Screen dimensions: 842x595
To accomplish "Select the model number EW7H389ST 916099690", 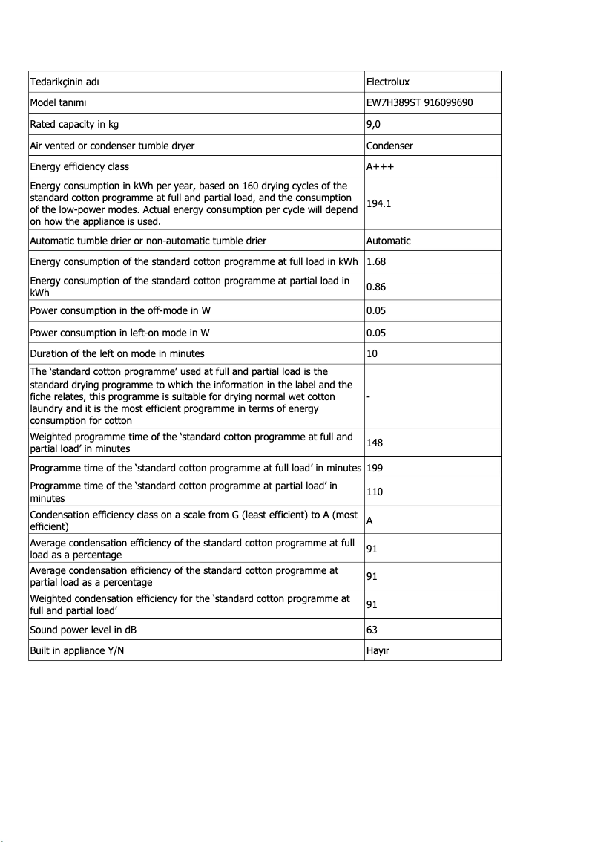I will tap(419, 102).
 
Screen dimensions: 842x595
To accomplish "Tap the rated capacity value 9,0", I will tap(373, 124).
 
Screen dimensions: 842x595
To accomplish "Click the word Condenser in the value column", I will tap(389, 146).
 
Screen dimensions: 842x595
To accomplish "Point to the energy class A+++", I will tap(380, 166).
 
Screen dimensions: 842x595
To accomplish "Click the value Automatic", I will tap(388, 241).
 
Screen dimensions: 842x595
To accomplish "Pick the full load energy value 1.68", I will tap(376, 261).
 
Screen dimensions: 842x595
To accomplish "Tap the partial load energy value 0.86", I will tap(376, 286).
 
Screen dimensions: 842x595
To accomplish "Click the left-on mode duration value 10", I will tap(372, 353).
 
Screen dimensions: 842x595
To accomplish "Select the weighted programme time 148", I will tap(375, 443).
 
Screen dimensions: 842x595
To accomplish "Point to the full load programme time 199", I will tap(375, 468).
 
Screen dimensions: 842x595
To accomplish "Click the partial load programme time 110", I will tap(375, 492).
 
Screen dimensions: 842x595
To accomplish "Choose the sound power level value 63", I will tap(372, 630).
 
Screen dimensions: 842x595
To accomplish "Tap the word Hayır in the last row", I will tap(378, 650).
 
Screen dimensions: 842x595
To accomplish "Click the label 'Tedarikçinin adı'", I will tap(65, 81).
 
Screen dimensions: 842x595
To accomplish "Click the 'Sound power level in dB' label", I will tap(83, 630).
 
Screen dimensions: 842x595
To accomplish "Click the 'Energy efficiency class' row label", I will tap(79, 166).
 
